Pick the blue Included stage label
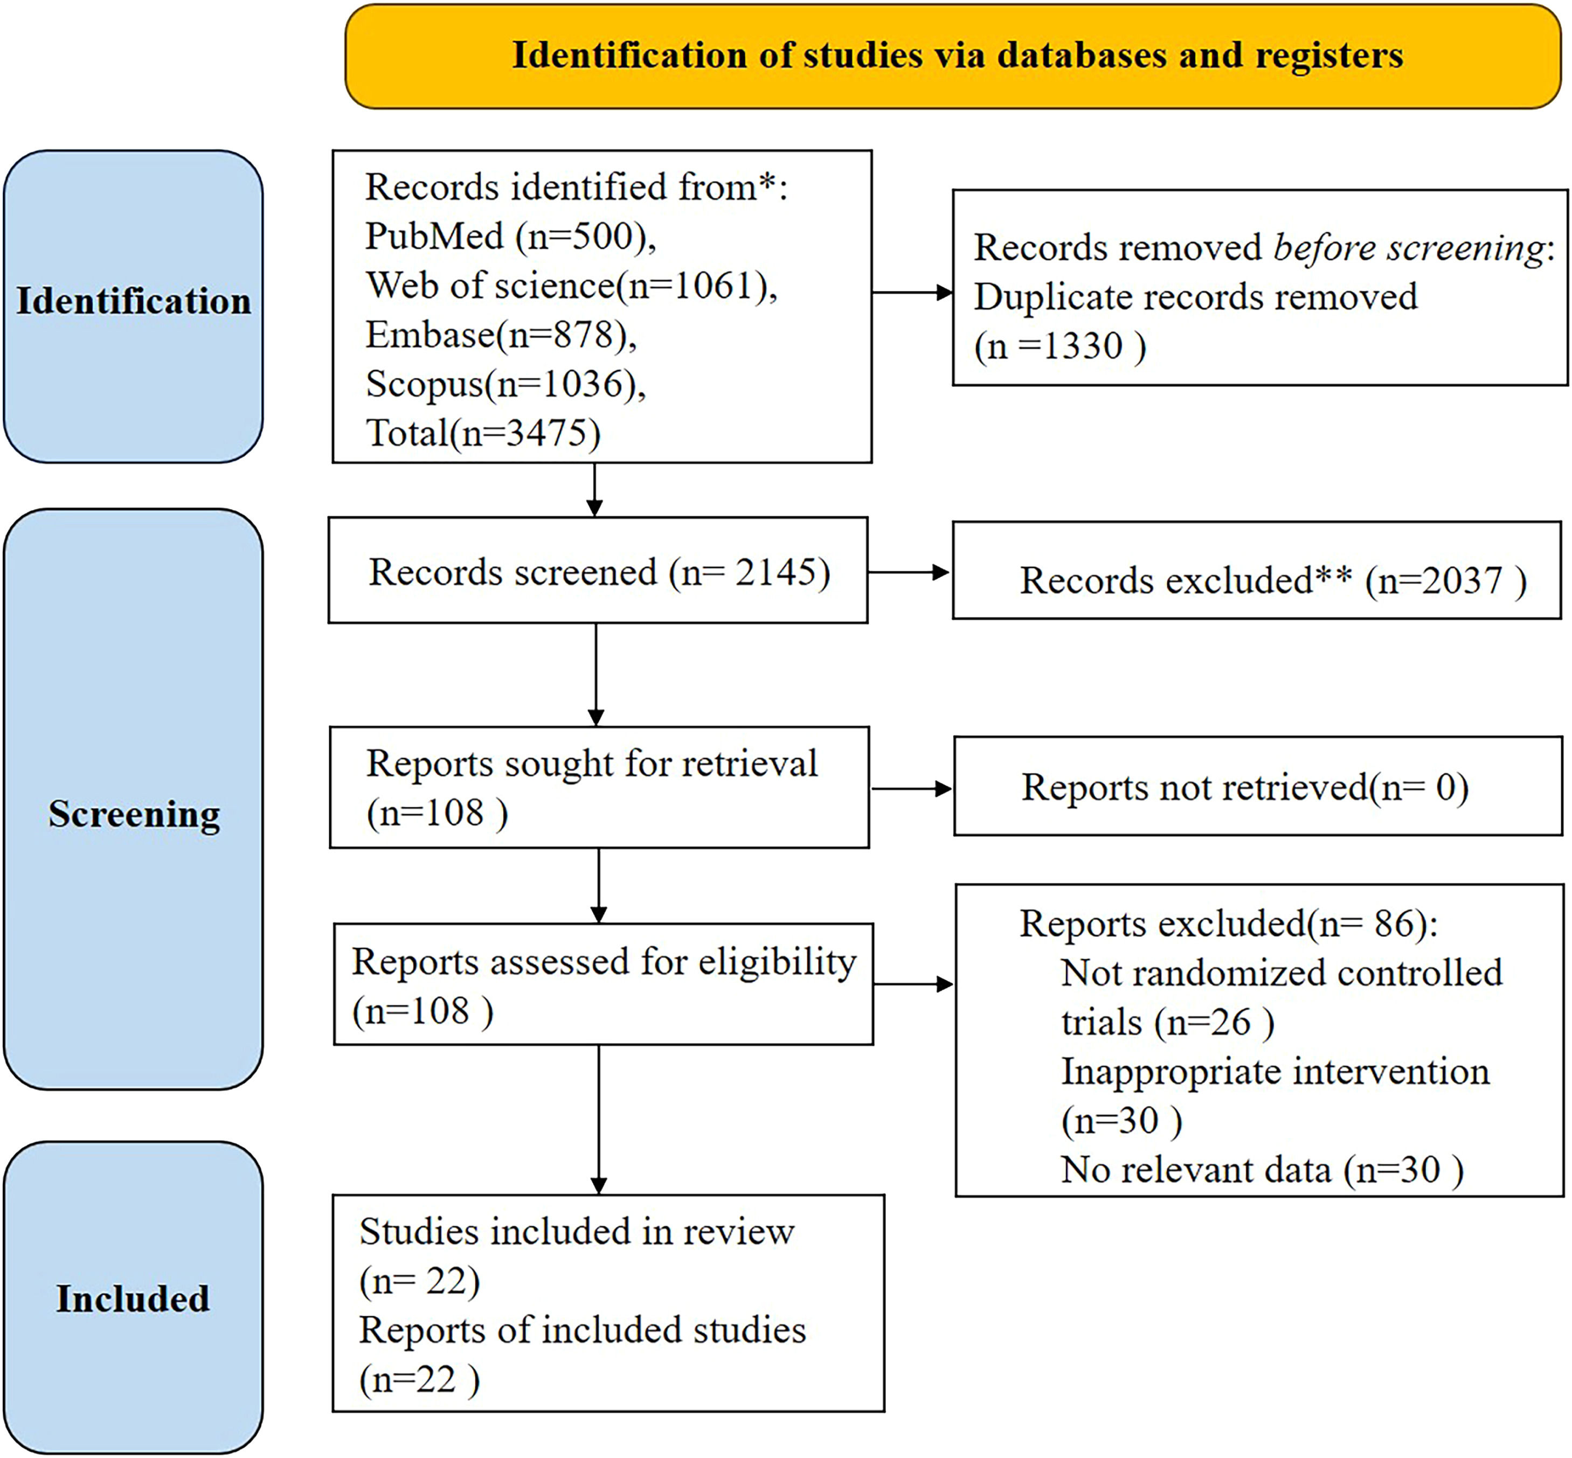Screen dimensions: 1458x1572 [133, 1298]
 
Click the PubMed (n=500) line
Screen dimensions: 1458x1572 [510, 236]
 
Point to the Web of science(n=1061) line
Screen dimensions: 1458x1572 [571, 286]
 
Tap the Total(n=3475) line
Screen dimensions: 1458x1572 [483, 433]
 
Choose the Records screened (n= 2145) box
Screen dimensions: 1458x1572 [598, 571]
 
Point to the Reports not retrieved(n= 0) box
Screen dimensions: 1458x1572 [1257, 787]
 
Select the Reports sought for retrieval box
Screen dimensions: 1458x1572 [599, 787]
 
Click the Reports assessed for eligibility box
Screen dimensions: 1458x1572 [603, 984]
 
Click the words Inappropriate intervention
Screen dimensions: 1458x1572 [1275, 1071]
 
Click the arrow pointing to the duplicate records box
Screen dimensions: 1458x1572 [912, 293]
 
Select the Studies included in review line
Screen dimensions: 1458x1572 [576, 1232]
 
